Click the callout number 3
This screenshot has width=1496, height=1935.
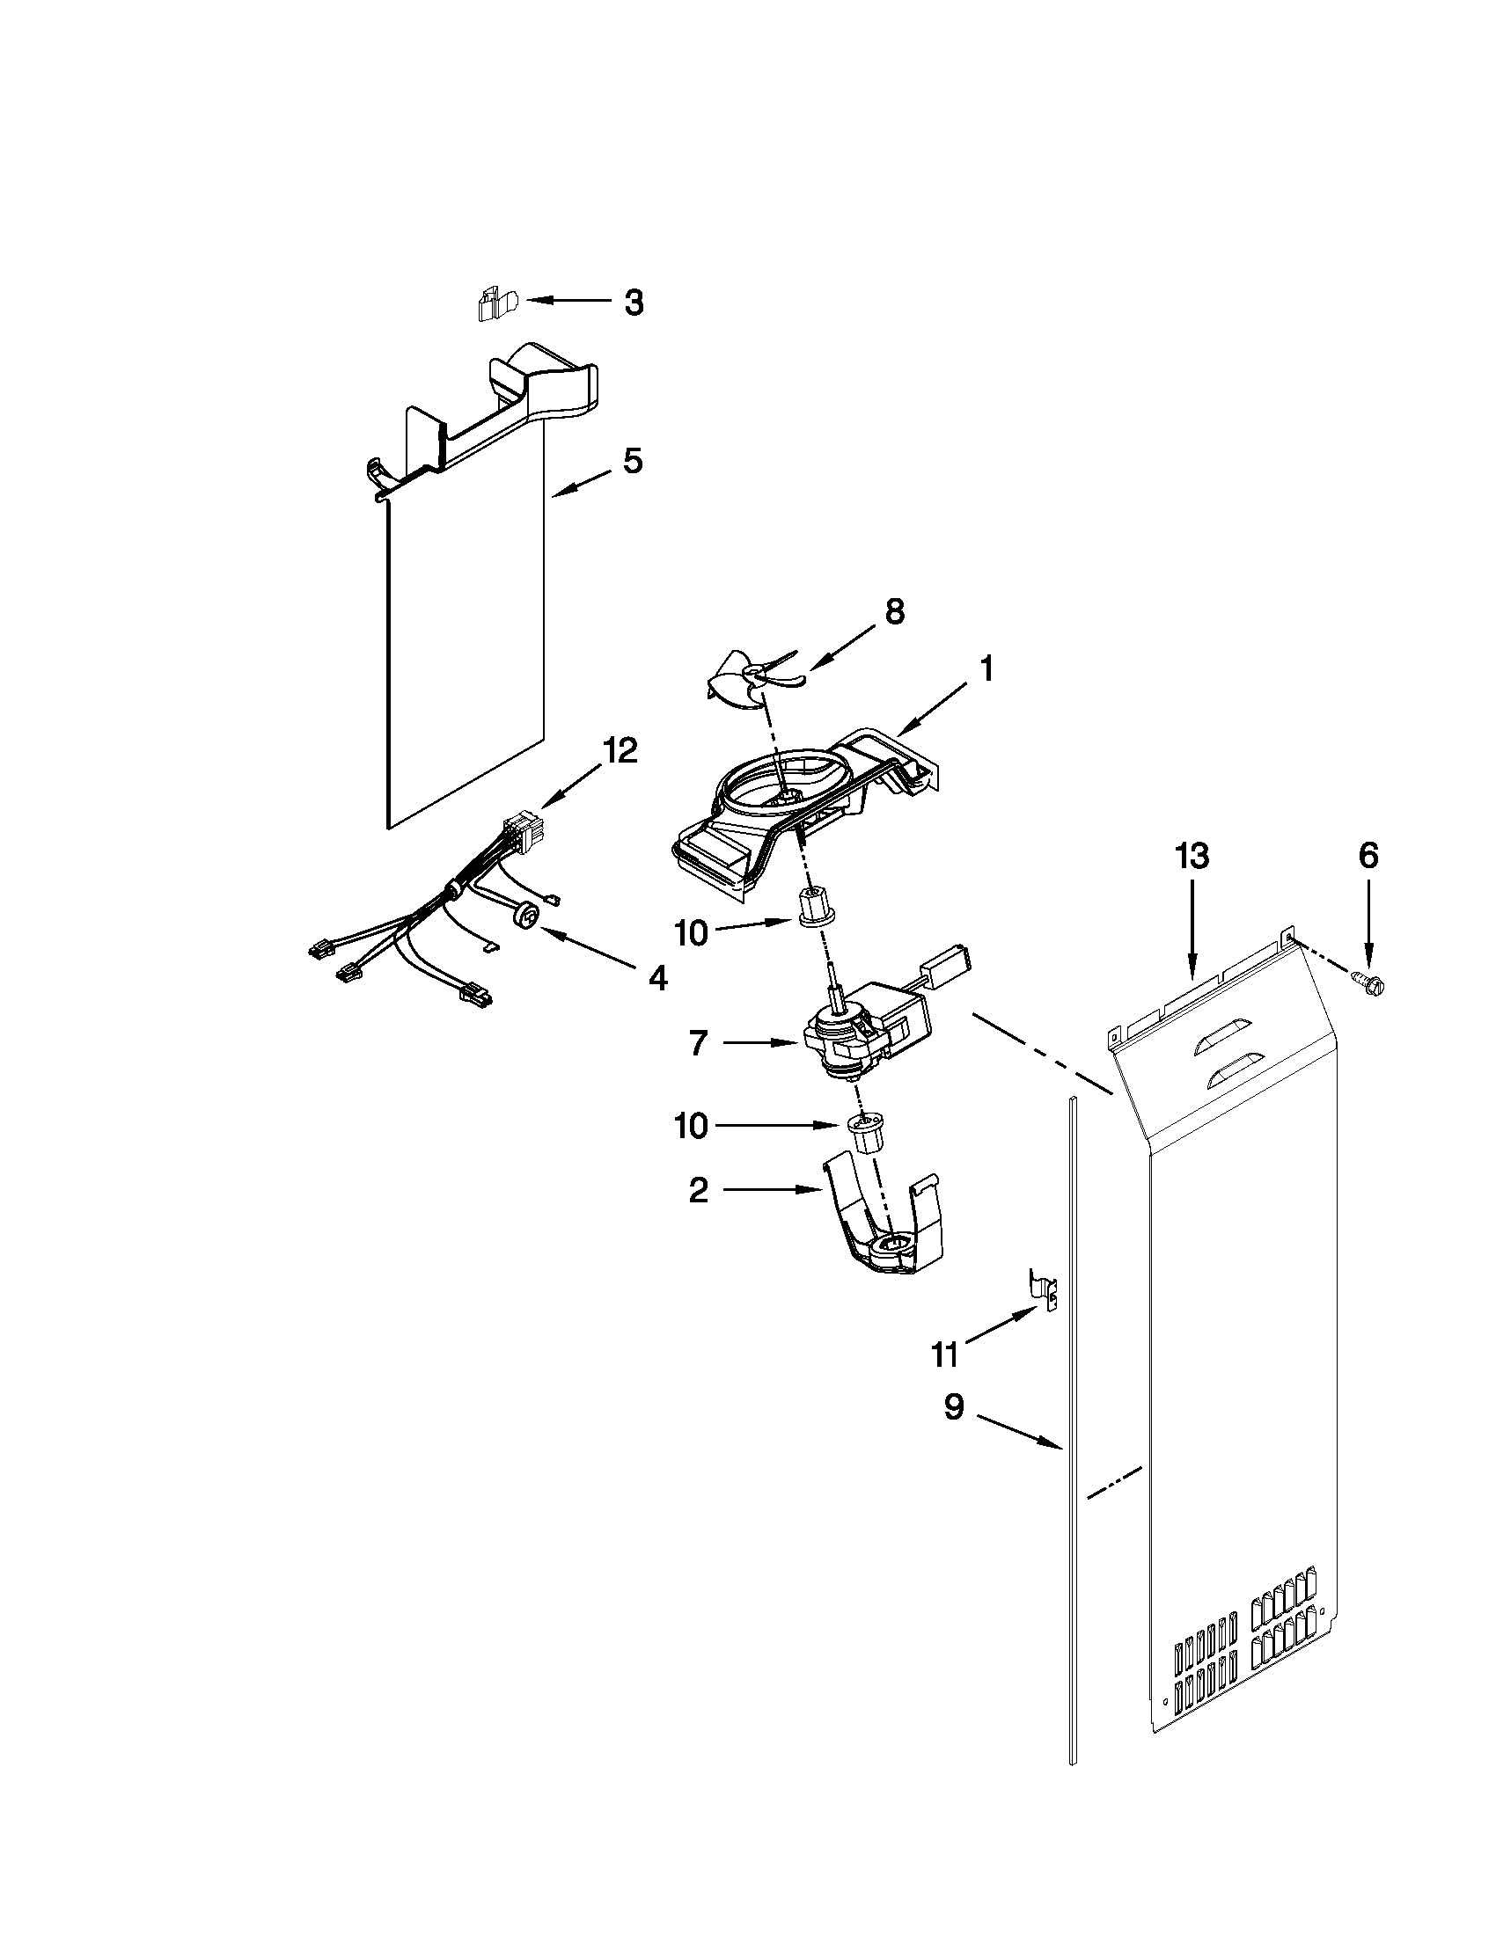pos(633,303)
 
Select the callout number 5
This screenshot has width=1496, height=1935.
pos(632,461)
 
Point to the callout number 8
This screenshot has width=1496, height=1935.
pos(894,610)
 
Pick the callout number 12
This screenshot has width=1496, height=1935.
pos(620,751)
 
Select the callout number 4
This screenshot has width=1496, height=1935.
pos(656,978)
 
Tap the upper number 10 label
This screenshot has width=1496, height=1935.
pos(692,933)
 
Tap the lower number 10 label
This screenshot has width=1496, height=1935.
pos(692,1126)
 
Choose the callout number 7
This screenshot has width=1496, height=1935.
pos(699,1044)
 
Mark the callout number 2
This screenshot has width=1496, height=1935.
pos(699,1192)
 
